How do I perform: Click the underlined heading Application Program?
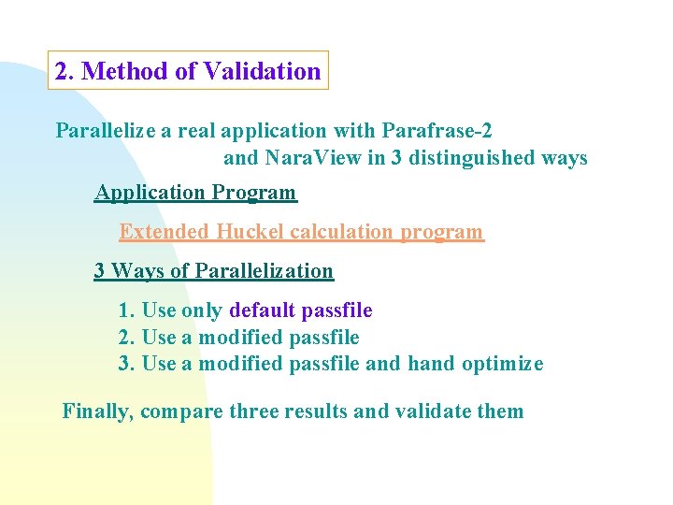(x=195, y=193)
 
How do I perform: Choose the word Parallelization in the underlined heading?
(x=265, y=271)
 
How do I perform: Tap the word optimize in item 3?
(x=502, y=364)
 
